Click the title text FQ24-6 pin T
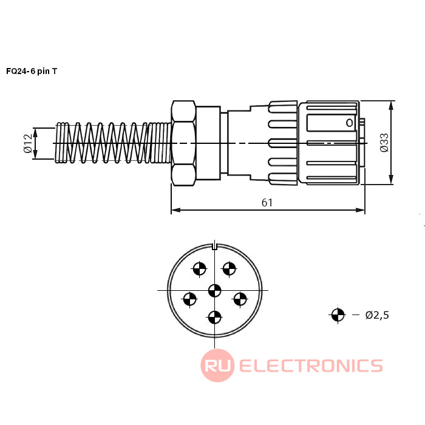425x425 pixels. click(32, 71)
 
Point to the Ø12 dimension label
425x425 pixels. click(27, 143)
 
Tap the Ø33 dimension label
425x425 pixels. click(384, 142)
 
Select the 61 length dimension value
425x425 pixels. click(267, 202)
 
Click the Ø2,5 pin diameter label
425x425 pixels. click(376, 314)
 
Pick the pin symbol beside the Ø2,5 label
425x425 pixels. click(338, 314)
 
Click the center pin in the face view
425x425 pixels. click(214, 290)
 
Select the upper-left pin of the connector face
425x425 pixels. click(200, 268)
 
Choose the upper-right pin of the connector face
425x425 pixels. click(229, 268)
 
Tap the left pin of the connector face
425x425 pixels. click(190, 298)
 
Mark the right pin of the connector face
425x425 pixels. click(240, 298)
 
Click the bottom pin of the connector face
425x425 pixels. click(214, 316)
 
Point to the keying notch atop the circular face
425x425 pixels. click(215, 246)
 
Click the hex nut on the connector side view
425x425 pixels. click(183, 143)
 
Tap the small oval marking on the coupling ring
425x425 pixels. click(350, 123)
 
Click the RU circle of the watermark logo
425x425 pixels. click(217, 365)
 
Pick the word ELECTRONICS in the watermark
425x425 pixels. click(311, 365)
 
